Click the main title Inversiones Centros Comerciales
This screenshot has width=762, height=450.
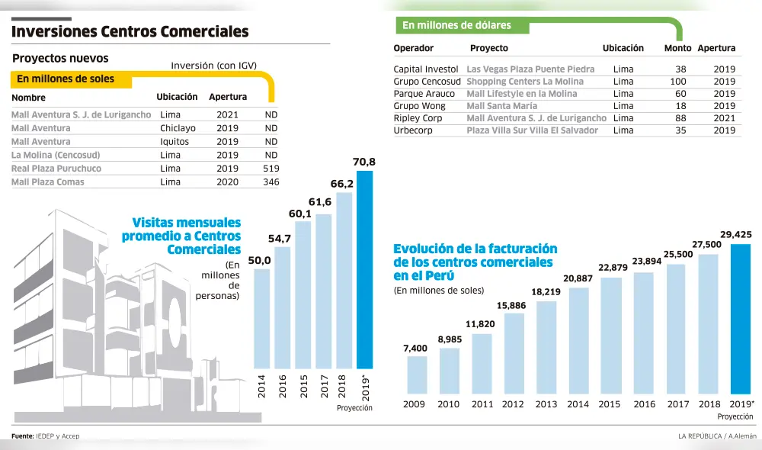[x=130, y=31]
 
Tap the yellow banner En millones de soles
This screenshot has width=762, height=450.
[x=66, y=79]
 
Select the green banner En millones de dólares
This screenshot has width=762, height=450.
[x=456, y=25]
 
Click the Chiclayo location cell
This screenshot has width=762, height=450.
[x=178, y=128]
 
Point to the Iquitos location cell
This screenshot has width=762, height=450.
[x=175, y=141]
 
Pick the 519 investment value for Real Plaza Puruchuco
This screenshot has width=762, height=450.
[x=270, y=169]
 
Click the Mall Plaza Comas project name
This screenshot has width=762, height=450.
[x=48, y=182]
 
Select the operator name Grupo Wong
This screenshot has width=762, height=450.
[x=419, y=106]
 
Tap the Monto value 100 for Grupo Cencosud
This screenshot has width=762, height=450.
[x=677, y=82]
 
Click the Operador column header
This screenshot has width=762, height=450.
[x=413, y=48]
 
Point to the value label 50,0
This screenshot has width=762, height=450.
[x=260, y=261]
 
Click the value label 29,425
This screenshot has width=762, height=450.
[x=735, y=235]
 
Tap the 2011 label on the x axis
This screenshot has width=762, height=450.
[x=481, y=404]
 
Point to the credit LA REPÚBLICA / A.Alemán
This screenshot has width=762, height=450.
[x=717, y=436]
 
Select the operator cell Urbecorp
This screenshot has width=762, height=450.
[x=413, y=130]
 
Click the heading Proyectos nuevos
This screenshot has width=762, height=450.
[x=60, y=58]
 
